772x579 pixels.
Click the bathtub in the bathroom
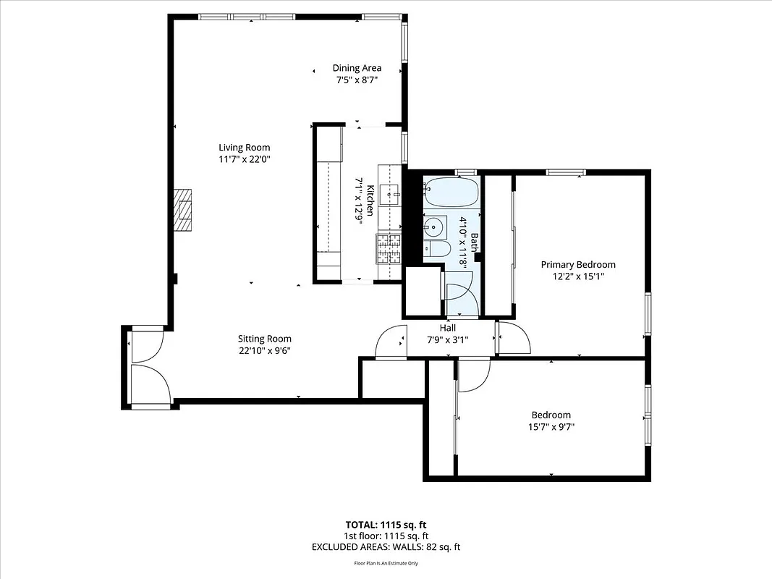[451, 194]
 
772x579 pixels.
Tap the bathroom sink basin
[434, 227]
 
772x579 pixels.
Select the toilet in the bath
[436, 250]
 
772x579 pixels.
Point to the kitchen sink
[391, 194]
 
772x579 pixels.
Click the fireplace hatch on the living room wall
[183, 210]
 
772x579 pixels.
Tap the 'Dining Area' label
[357, 68]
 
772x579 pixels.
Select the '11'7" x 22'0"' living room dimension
[245, 159]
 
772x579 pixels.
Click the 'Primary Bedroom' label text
[578, 264]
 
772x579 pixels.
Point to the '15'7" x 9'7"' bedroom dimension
[551, 426]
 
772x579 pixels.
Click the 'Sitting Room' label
[265, 338]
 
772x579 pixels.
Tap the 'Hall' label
[448, 328]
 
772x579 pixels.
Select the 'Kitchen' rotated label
[370, 200]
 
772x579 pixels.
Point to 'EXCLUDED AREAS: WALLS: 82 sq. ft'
[386, 547]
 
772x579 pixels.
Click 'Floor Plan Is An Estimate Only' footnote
[386, 563]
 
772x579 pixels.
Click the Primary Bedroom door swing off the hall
[512, 337]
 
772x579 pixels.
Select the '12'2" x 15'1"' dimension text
[578, 276]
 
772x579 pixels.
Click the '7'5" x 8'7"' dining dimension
[357, 80]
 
